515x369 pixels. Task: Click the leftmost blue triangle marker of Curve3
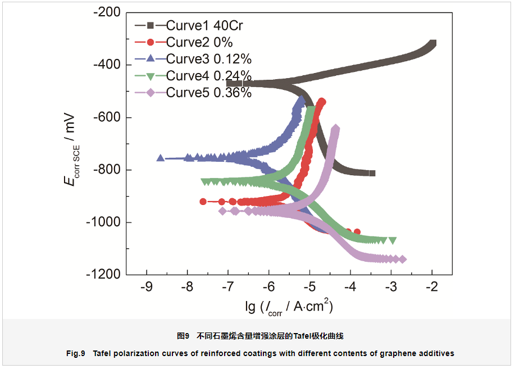coord(161,158)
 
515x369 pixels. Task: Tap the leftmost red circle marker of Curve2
coord(203,202)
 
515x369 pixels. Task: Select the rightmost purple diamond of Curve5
coord(402,259)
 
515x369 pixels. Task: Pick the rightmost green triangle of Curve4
coord(393,240)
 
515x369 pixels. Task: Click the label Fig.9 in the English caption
coord(75,353)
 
